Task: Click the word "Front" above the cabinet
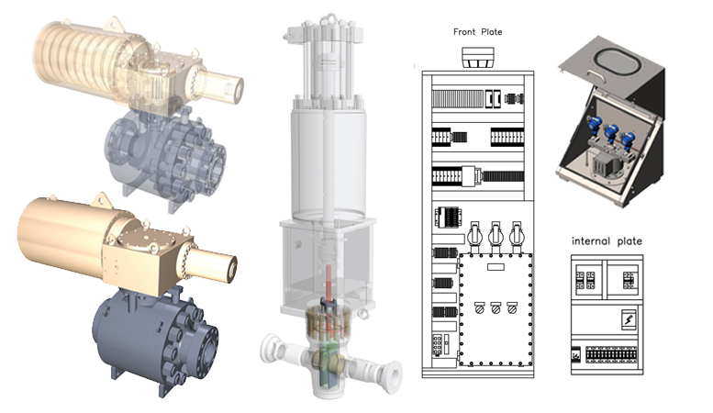[464, 32]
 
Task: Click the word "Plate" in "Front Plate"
[492, 32]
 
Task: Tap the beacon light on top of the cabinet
[478, 58]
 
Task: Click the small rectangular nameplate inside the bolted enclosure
[496, 267]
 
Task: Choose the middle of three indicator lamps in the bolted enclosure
[496, 308]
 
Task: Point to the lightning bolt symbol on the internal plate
[629, 319]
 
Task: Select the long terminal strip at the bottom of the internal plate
[611, 354]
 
